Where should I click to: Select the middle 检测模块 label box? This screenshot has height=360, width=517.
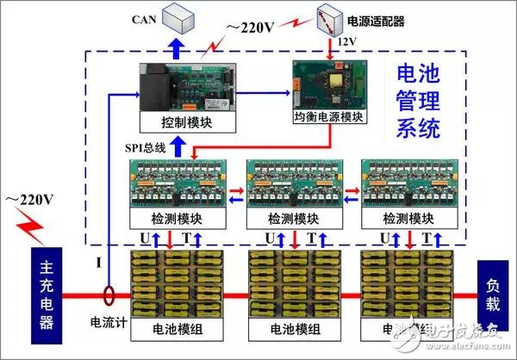pos(294,219)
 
